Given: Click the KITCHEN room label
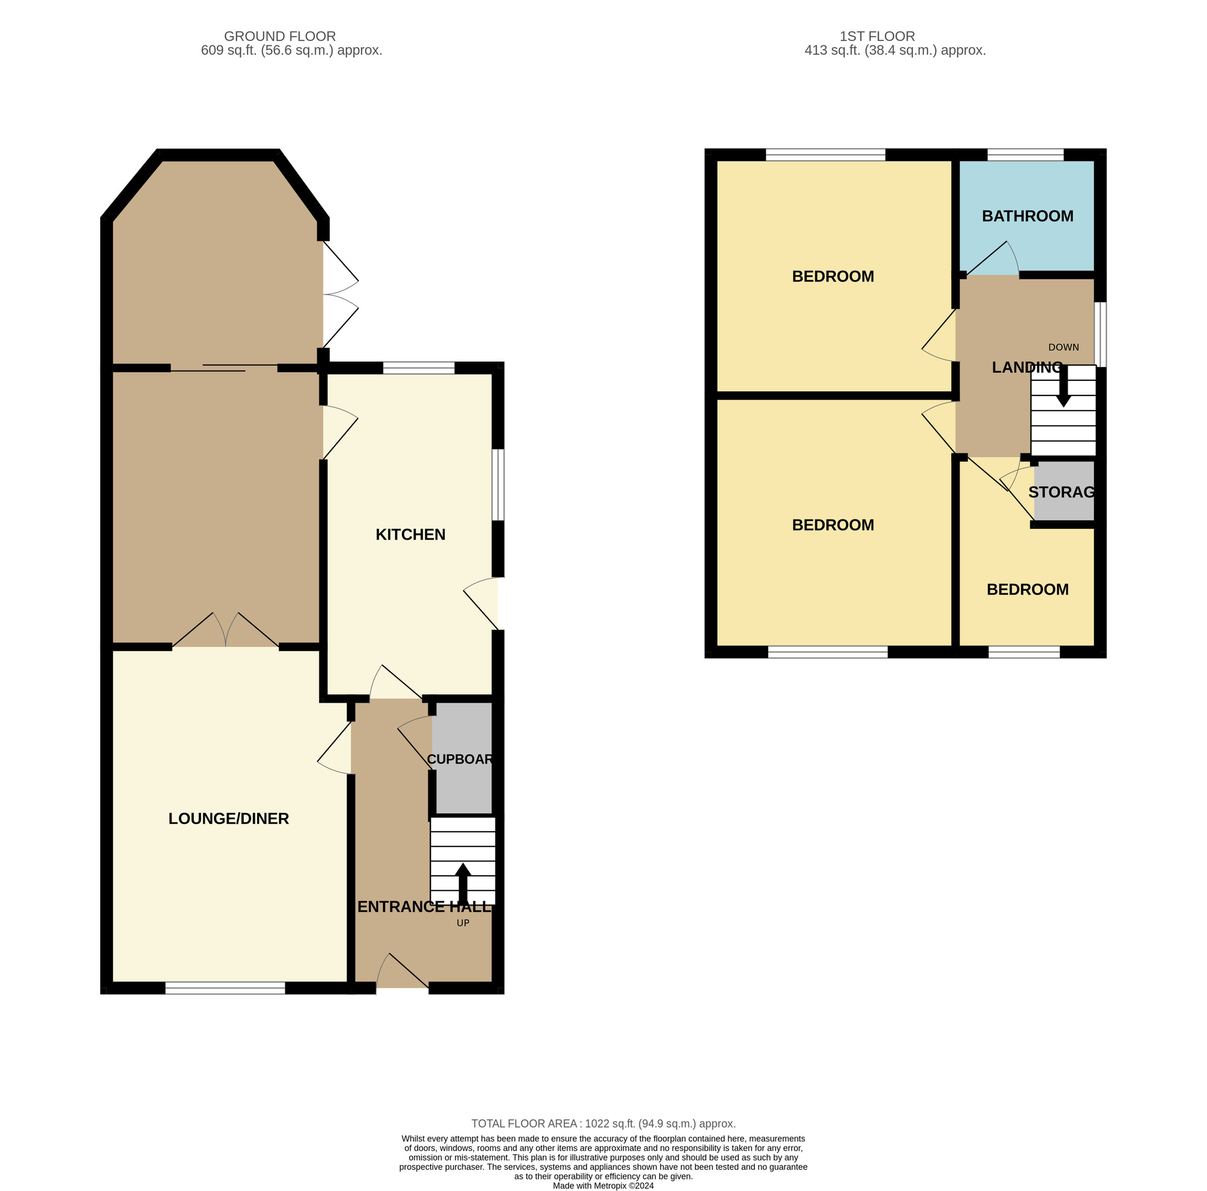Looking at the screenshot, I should point(410,534).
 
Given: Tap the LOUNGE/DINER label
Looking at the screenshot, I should point(229,818).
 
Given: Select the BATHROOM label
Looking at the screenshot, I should point(1027,216).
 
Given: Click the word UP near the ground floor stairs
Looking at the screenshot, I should point(462,923).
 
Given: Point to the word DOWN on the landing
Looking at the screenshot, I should point(1063,348).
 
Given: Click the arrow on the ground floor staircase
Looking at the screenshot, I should point(462,883).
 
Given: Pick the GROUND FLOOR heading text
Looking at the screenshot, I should point(280,36).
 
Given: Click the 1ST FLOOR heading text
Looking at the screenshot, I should point(876,36).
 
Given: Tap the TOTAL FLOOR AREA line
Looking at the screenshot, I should point(603,1123).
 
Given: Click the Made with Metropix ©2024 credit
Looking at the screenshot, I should point(603,1186).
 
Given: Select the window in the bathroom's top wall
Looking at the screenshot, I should point(1025,155).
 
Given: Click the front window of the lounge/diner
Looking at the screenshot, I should point(225,988).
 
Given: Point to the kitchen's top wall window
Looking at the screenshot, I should point(418,368).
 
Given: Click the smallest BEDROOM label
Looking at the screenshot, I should point(1027,589).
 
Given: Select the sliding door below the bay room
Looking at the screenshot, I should point(224,368).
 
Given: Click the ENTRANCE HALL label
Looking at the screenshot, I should point(424,907).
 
